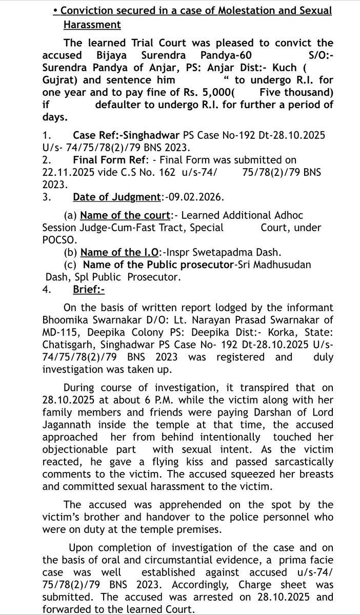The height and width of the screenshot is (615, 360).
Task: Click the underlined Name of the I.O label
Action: coord(121,252)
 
